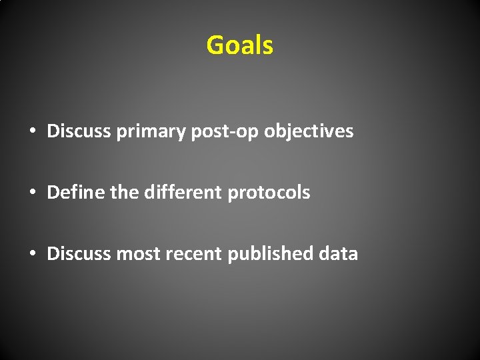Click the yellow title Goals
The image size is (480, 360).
(240, 45)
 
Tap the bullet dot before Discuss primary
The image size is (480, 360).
(32, 131)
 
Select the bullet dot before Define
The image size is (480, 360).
(32, 193)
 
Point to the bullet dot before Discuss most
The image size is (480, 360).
(32, 254)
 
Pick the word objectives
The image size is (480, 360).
(308, 131)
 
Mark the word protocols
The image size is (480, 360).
(269, 193)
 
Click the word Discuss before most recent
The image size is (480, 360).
(79, 253)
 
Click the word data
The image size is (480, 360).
(339, 253)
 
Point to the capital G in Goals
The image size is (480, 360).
(215, 45)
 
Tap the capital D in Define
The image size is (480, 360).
(53, 193)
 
